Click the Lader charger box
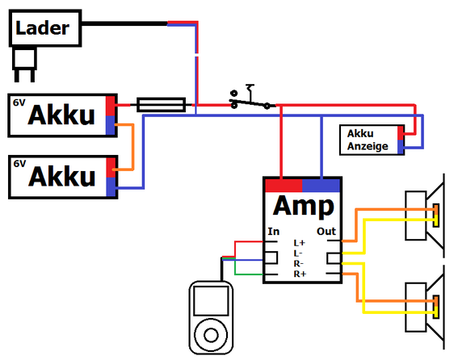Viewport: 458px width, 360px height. pos(45,28)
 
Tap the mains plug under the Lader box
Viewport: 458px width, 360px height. pos(24,65)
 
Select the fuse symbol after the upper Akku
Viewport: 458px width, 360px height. pos(162,105)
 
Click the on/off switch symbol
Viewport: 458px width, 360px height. pos(250,99)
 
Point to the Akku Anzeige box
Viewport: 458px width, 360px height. pos(372,140)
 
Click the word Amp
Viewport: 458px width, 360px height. pos(304,206)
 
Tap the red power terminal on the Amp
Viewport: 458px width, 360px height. pos(284,186)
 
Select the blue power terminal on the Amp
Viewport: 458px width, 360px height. pos(321,186)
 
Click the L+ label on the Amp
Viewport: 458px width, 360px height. pos(300,243)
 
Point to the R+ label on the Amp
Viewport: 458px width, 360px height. pos(300,274)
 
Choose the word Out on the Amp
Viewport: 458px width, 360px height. pos(326,232)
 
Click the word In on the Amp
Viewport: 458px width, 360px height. pos(274,232)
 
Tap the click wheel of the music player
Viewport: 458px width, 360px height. pos(211,335)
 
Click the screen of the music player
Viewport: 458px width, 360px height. pos(211,301)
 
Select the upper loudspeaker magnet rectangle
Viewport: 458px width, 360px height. pos(416,216)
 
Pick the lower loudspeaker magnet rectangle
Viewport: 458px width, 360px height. pos(416,308)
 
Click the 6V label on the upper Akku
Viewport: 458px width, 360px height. pos(19,103)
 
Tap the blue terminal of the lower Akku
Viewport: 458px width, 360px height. pos(111,187)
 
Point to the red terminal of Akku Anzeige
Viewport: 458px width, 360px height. pos(401,133)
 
